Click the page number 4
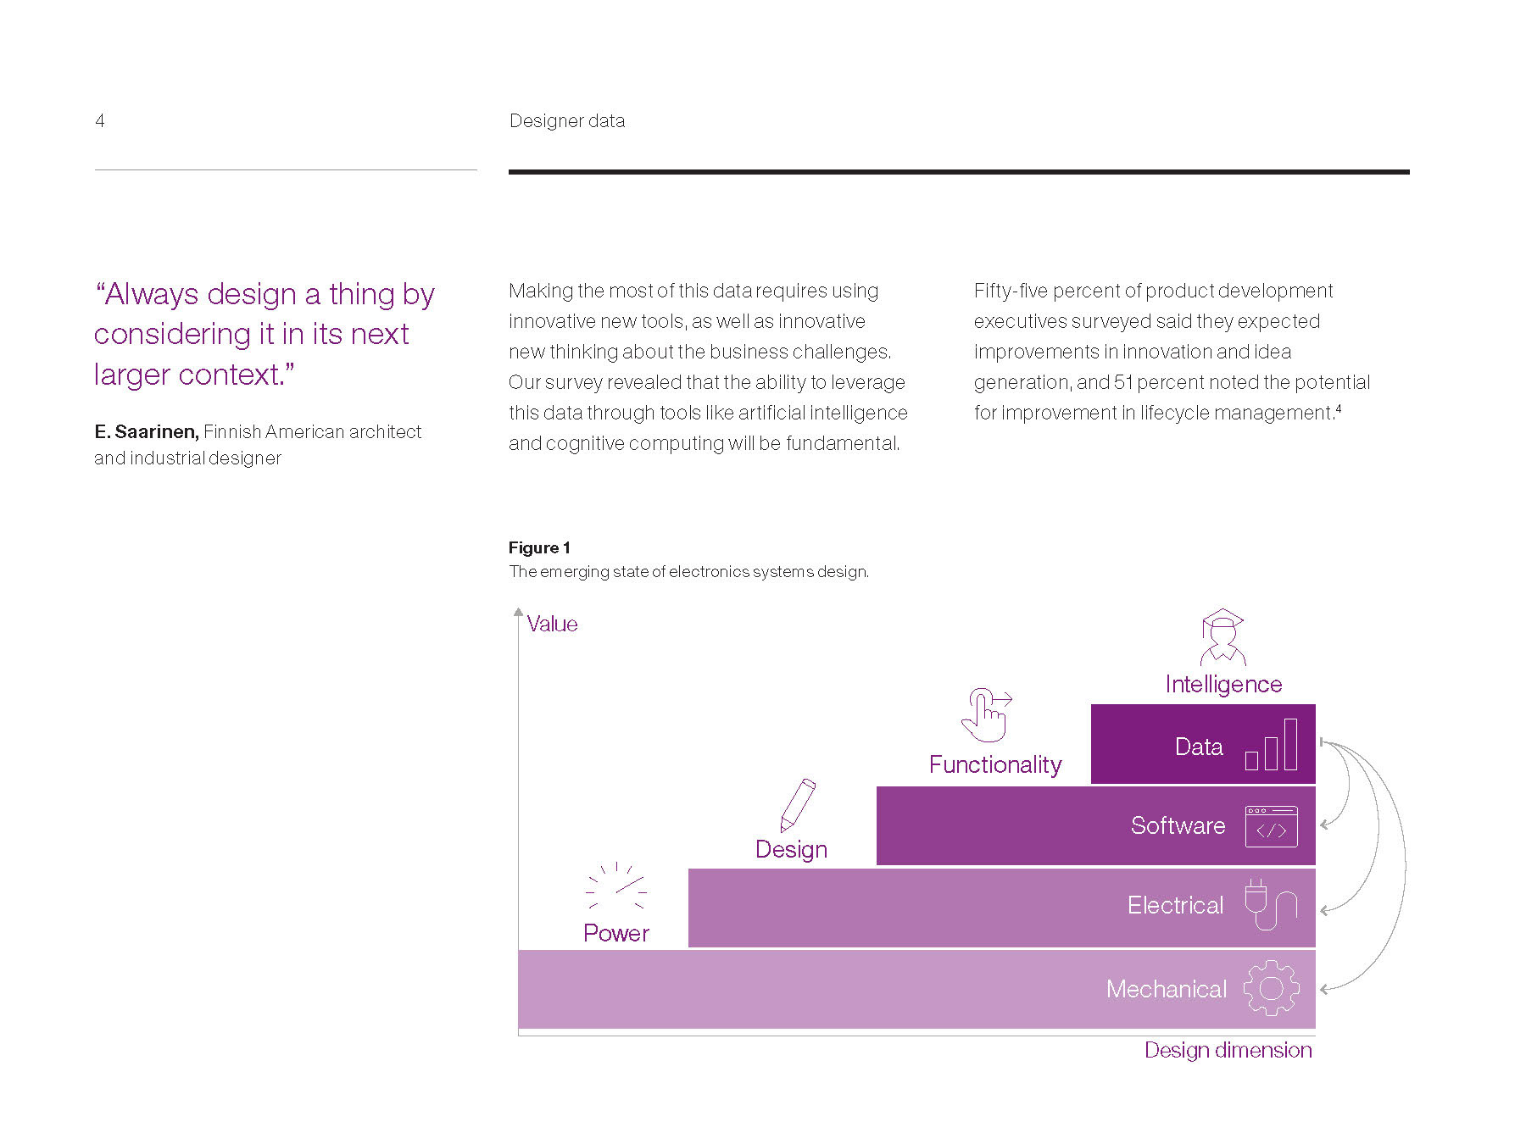pyautogui.click(x=100, y=120)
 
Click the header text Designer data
pyautogui.click(x=566, y=120)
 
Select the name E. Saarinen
pyautogui.click(x=146, y=431)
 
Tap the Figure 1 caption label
pyautogui.click(x=539, y=547)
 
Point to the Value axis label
pyautogui.click(x=552, y=624)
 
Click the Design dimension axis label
pyautogui.click(x=1228, y=1050)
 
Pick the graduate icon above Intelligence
pyautogui.click(x=1222, y=636)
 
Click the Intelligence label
pyautogui.click(x=1223, y=684)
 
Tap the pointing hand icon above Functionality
pyautogui.click(x=986, y=714)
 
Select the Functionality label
pyautogui.click(x=995, y=764)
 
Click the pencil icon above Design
pyautogui.click(x=797, y=805)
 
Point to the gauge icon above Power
pyautogui.click(x=616, y=886)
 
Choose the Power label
pyautogui.click(x=616, y=933)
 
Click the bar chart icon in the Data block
pyautogui.click(x=1271, y=745)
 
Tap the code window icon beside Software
pyautogui.click(x=1271, y=826)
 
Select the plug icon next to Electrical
pyautogui.click(x=1269, y=904)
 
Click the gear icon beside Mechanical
pyautogui.click(x=1271, y=988)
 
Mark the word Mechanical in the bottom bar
pyautogui.click(x=1166, y=989)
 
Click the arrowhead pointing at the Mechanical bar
pyautogui.click(x=1324, y=989)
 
